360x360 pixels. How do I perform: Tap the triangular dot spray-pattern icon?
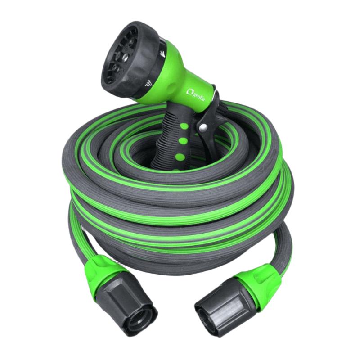click(149, 84)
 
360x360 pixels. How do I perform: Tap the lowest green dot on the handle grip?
click(180, 157)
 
